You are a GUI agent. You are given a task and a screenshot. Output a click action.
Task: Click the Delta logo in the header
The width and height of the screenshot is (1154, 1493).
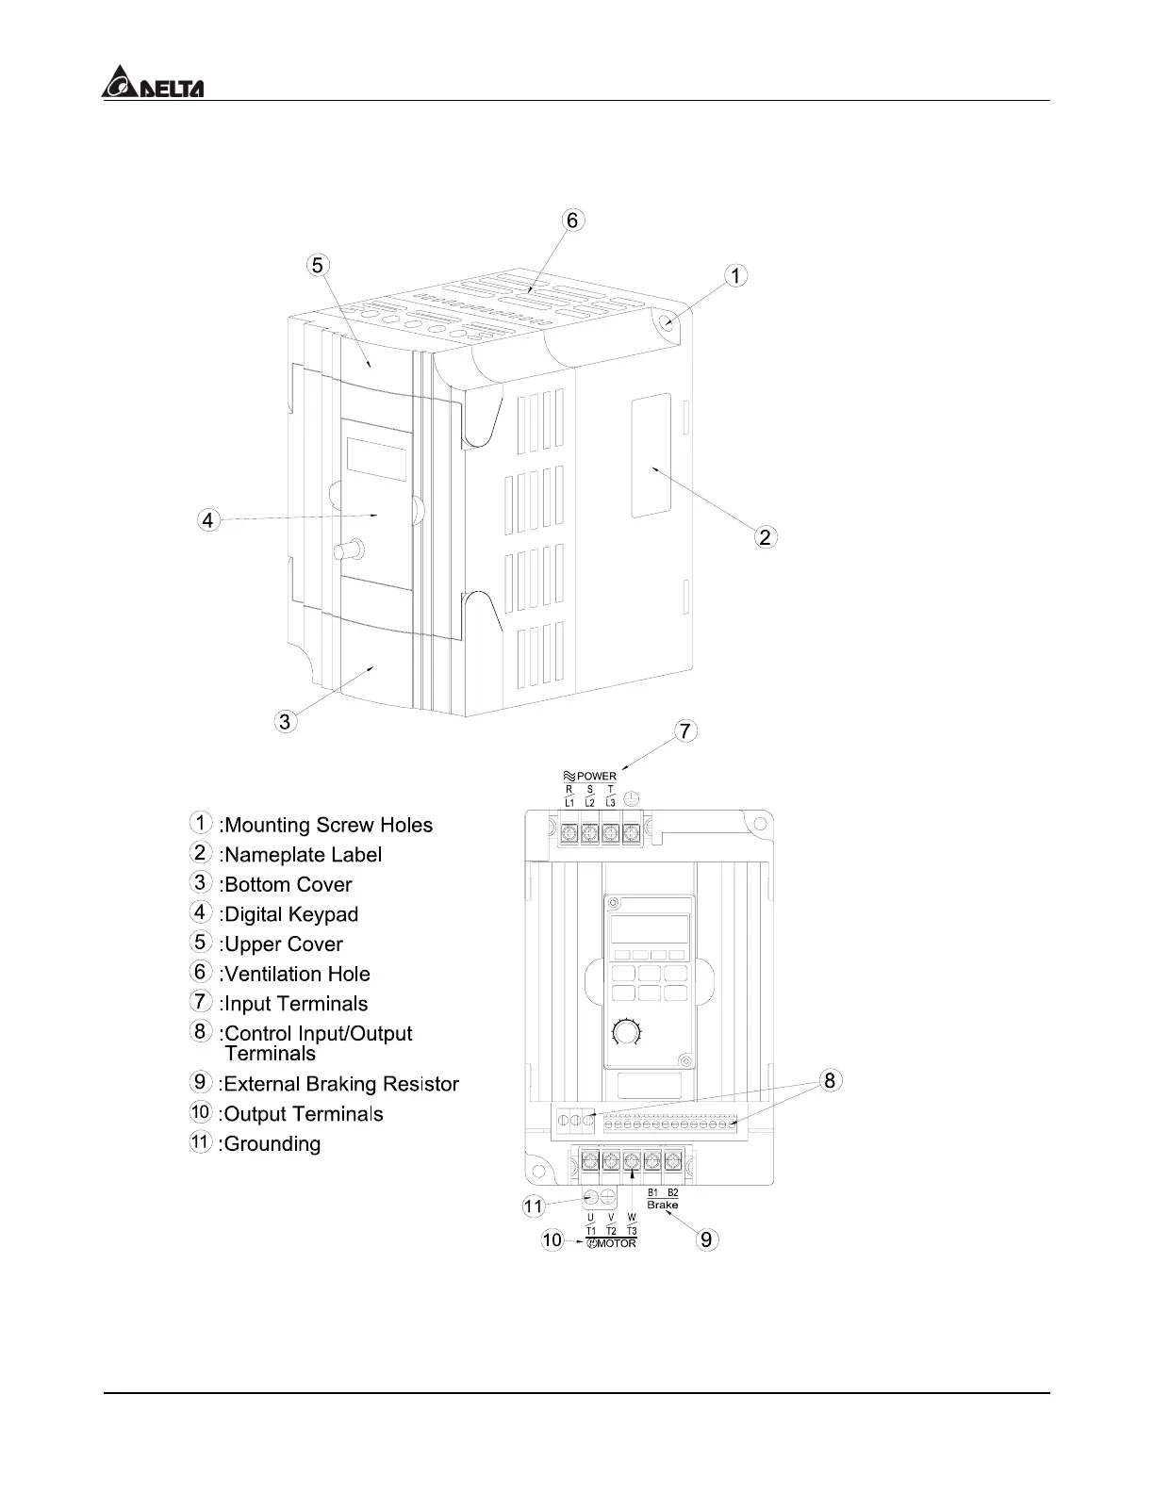[x=152, y=82]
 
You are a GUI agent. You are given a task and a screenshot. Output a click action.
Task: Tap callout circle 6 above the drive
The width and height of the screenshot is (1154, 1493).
[x=573, y=220]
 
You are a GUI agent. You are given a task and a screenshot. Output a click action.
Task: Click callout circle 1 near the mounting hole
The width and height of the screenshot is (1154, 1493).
[x=736, y=275]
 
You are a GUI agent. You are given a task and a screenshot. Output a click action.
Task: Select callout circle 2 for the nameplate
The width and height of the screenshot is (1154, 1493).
[x=766, y=537]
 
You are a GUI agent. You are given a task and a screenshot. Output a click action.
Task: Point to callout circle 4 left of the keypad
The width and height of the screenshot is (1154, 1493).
[x=208, y=519]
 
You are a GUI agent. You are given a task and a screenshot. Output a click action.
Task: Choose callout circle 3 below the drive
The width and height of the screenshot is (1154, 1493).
[x=285, y=722]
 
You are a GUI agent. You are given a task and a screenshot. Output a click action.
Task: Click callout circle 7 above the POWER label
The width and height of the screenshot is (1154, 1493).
[x=685, y=730]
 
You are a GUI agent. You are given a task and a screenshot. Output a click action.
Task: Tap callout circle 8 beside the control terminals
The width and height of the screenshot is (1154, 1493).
[x=830, y=1080]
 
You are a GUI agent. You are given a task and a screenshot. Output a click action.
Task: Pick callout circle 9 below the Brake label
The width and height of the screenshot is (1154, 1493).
[x=707, y=1239]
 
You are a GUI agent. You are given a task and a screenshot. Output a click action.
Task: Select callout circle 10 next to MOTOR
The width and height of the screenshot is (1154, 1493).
[x=552, y=1239]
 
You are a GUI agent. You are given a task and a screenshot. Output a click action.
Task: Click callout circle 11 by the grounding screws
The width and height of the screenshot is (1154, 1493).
[x=534, y=1206]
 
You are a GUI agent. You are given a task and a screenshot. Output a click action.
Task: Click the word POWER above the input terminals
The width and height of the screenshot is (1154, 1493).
[x=596, y=777]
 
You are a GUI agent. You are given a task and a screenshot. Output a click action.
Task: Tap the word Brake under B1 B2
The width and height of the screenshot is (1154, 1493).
[x=663, y=1205]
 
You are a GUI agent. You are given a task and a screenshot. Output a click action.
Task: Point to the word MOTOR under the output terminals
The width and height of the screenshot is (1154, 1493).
[x=617, y=1243]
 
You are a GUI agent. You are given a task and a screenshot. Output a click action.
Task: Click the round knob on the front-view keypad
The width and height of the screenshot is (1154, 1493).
[x=625, y=1034]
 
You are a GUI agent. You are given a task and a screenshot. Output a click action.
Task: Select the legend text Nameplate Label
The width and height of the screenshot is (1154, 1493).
[x=302, y=855]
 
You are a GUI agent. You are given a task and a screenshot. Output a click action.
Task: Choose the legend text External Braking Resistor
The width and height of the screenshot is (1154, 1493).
[x=341, y=1084]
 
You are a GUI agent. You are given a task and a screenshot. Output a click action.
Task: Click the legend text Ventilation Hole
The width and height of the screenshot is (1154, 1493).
[x=296, y=974]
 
